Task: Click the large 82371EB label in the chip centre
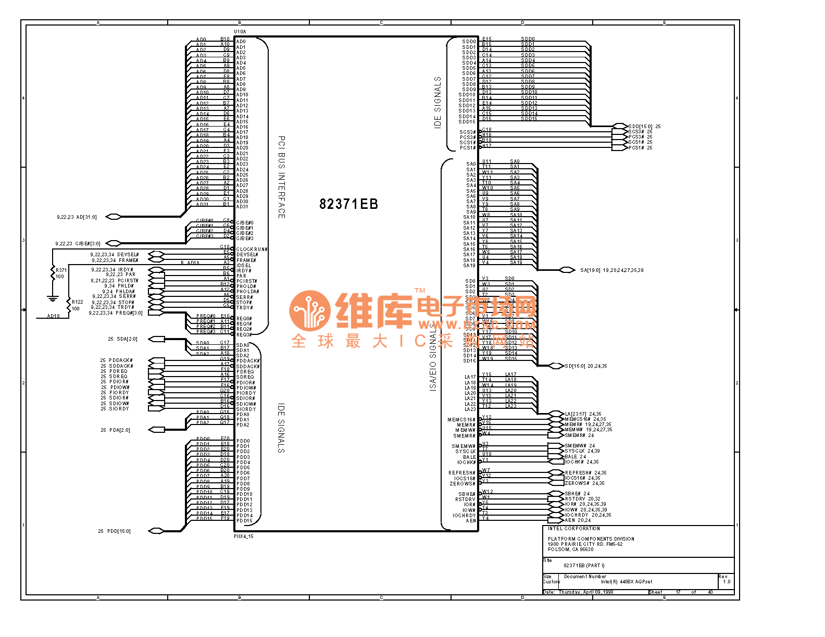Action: tap(348, 204)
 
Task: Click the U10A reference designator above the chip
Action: tap(240, 32)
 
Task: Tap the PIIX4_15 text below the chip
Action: tap(243, 536)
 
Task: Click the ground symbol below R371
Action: tap(52, 298)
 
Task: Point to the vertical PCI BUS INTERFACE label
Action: tap(281, 177)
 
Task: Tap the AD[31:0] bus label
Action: tap(86, 217)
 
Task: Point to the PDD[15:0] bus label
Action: tap(119, 531)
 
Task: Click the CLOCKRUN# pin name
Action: tap(252, 249)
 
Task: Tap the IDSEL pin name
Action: tap(244, 266)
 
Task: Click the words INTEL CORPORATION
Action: tap(573, 529)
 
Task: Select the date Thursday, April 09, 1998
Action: tap(586, 592)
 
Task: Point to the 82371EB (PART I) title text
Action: tap(584, 566)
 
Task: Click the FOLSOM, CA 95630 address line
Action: tap(570, 549)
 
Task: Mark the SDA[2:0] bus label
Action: tap(127, 339)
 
